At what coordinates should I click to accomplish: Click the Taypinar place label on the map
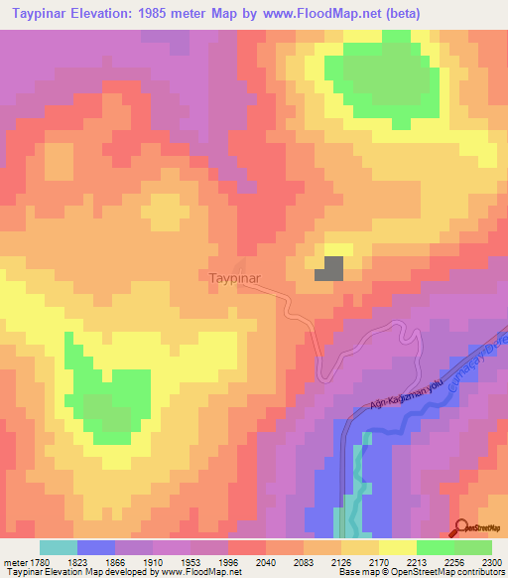click(234, 279)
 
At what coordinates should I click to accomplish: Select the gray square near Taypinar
click(330, 268)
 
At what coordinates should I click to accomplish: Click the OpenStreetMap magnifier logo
click(463, 528)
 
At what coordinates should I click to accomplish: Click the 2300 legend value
click(493, 561)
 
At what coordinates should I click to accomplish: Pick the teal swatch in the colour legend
click(59, 547)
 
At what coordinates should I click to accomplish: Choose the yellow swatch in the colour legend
click(398, 547)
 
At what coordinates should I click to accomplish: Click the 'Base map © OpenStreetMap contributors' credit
click(420, 573)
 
